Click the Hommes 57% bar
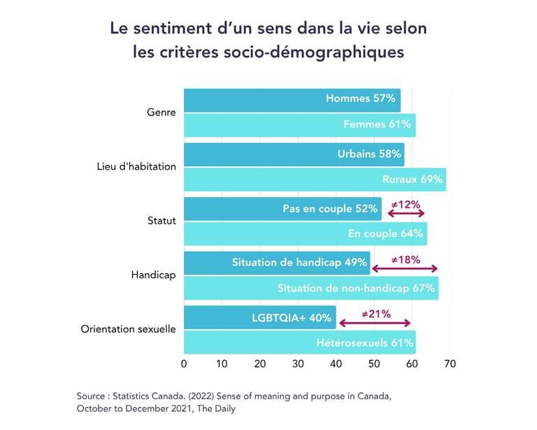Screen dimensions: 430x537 click(x=292, y=100)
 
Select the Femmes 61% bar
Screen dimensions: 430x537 click(x=299, y=125)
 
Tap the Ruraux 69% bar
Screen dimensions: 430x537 click(x=315, y=180)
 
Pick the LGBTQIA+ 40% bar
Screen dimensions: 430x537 click(x=259, y=317)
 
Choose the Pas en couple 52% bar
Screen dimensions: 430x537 click(x=282, y=209)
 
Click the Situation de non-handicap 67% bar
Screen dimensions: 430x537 click(x=310, y=288)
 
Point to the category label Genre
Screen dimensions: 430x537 click(x=162, y=112)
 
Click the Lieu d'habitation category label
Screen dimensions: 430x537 click(x=136, y=166)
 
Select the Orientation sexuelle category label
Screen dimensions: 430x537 click(x=129, y=329)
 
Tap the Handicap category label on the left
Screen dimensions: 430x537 click(x=153, y=275)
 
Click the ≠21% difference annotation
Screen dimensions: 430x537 click(x=376, y=314)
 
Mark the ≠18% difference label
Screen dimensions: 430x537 click(x=406, y=259)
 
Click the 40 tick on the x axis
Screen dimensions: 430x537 click(x=336, y=364)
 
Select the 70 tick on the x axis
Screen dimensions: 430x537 click(x=450, y=364)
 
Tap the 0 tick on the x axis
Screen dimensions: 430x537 click(x=184, y=364)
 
